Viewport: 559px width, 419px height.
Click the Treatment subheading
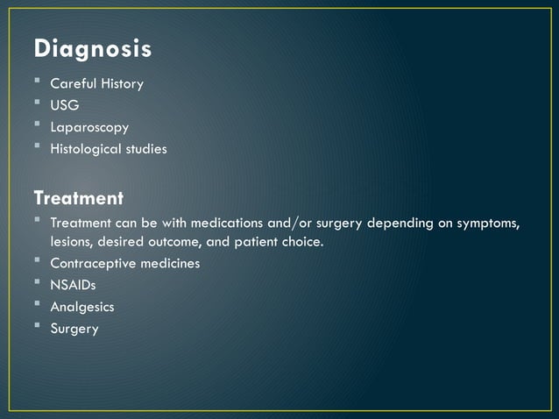pyautogui.click(x=78, y=197)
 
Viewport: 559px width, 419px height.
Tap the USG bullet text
pyautogui.click(x=65, y=106)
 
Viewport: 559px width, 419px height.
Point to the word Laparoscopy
pyautogui.click(x=89, y=128)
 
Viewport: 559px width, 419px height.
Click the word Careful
pyautogui.click(x=73, y=84)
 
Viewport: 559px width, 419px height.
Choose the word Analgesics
pyautogui.click(x=82, y=307)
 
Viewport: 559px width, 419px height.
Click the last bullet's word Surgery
pyautogui.click(x=74, y=329)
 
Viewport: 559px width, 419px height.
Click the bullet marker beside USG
pyautogui.click(x=39, y=105)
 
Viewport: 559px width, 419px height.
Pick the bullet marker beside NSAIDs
pyautogui.click(x=39, y=284)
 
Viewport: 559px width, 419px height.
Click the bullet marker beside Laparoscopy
pyautogui.click(x=39, y=127)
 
